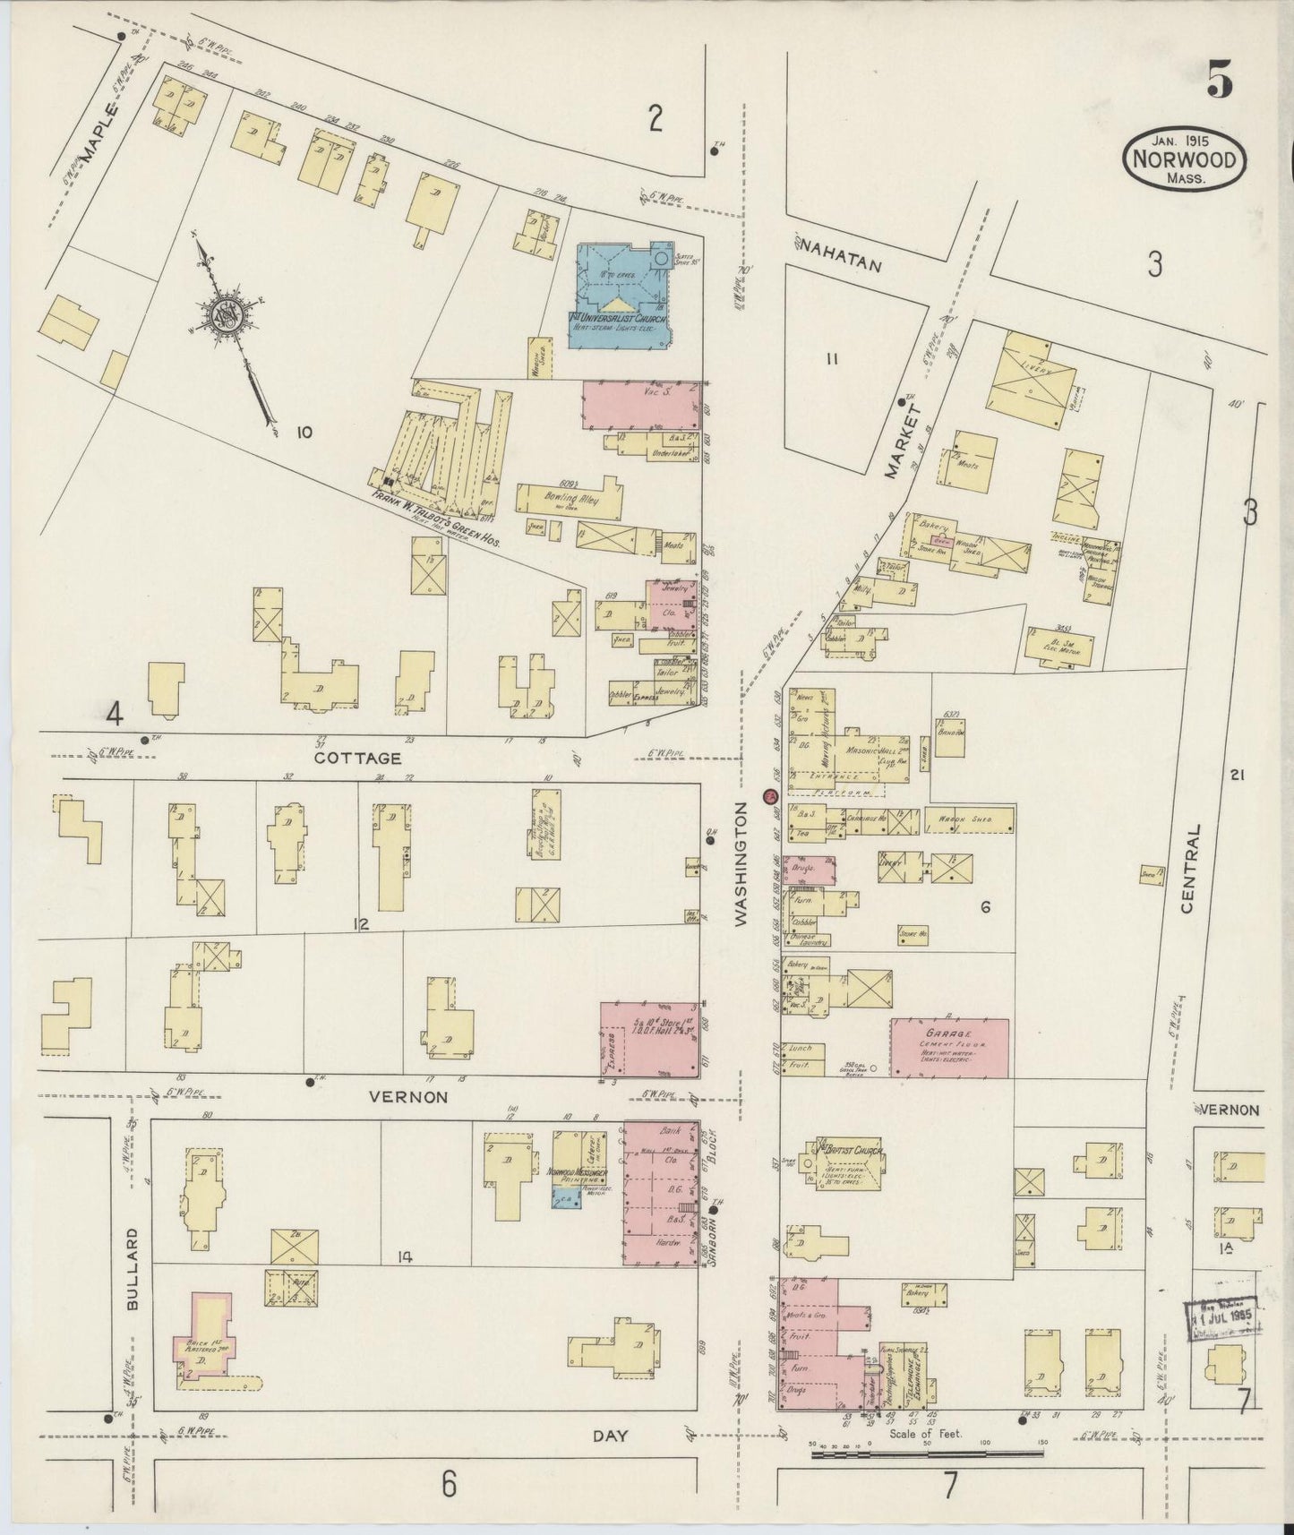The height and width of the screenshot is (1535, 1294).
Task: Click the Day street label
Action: (611, 1436)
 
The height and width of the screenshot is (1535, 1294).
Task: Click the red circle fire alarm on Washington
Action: (768, 796)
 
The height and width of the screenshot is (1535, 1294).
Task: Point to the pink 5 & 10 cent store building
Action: (650, 1039)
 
